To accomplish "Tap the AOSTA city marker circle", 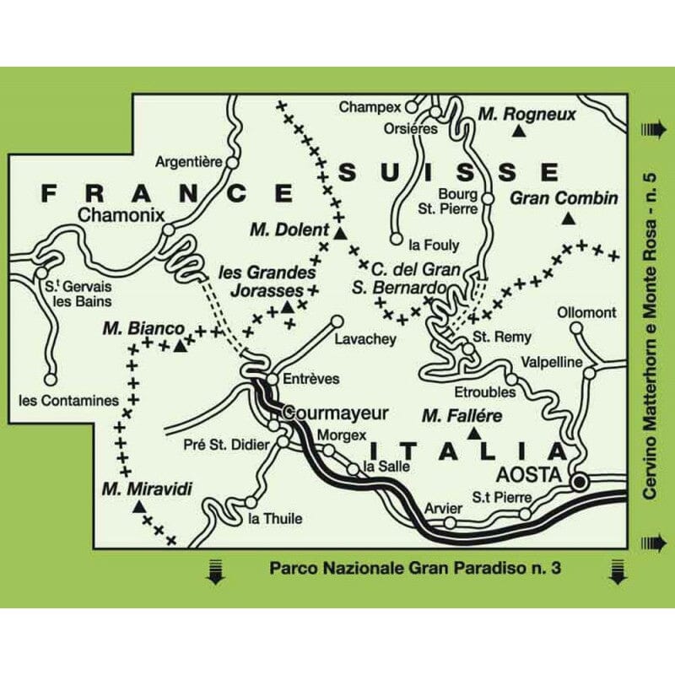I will coord(580,482).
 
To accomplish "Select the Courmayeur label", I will coord(336,413).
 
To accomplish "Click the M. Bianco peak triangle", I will coord(180,345).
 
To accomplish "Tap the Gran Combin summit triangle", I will coord(568,219).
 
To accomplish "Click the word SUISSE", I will coord(448,172).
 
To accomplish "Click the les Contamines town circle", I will coord(51,379).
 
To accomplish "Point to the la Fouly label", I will coord(433,246).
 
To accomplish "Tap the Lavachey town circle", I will coord(337,321).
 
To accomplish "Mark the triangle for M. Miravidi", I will coord(138,507).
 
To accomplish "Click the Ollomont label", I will coord(586,313).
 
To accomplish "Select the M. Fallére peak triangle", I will coord(473,433).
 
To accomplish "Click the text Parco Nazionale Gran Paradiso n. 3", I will coord(415,568).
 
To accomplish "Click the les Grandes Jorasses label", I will coord(267,280).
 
